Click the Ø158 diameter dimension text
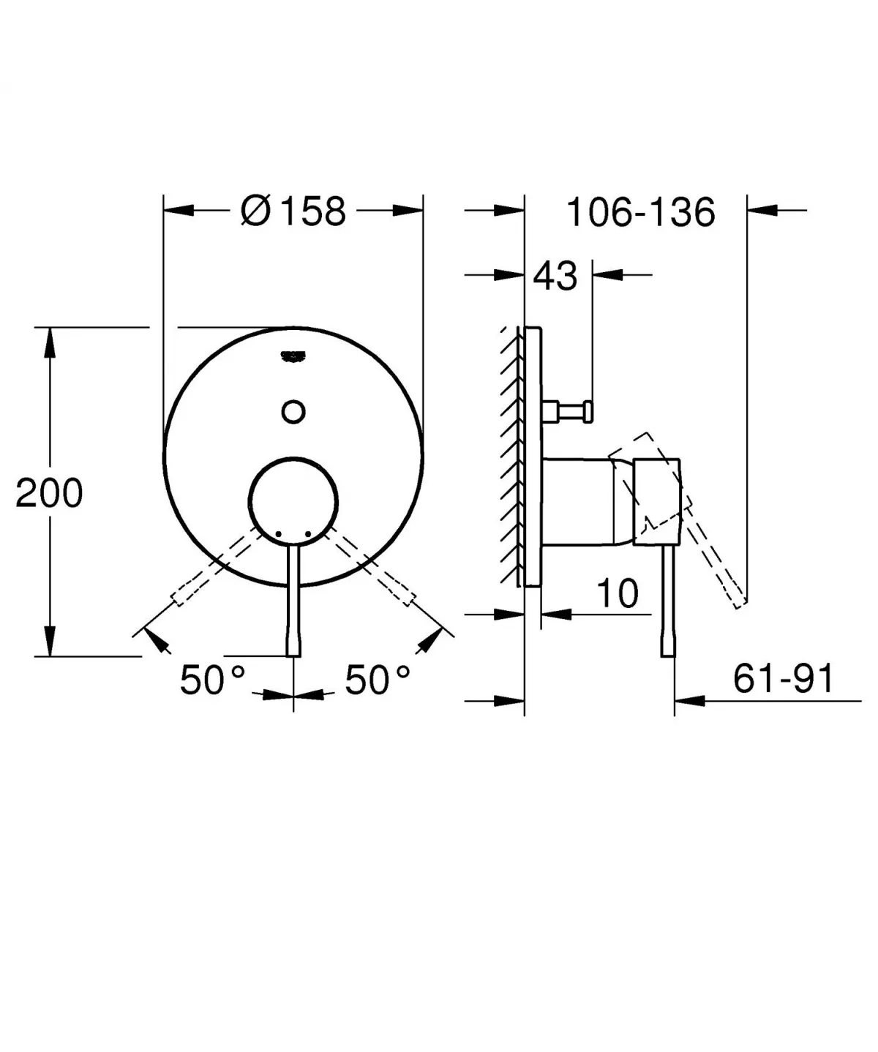point(293,211)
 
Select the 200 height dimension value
point(49,493)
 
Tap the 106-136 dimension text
point(640,213)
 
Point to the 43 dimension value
point(555,277)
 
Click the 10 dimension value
point(618,593)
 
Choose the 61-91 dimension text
point(783,680)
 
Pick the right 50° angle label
point(378,680)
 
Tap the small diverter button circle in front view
point(293,412)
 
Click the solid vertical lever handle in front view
point(293,600)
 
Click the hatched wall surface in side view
point(511,454)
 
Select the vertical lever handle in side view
point(667,600)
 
